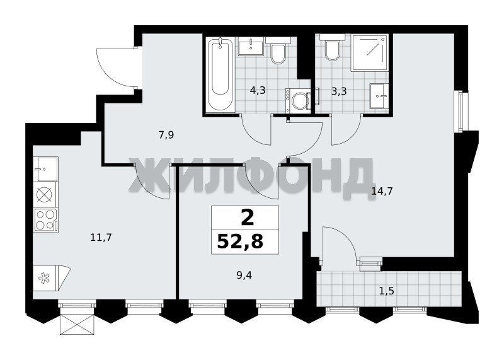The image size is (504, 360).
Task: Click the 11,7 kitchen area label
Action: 101,238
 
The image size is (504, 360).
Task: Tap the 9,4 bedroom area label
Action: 244,276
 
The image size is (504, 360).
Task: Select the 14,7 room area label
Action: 382,192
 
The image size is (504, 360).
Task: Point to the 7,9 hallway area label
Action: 166,135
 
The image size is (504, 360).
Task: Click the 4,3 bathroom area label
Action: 258,90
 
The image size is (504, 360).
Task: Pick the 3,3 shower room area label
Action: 339,91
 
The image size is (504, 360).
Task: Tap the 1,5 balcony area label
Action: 387,291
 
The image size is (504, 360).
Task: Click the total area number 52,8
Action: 240,241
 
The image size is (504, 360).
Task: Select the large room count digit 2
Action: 247,218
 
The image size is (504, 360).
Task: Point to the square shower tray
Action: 370,52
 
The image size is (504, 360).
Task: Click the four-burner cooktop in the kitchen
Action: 45,220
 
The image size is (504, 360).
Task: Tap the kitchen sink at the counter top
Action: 45,169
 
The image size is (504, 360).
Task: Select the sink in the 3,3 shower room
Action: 379,96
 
